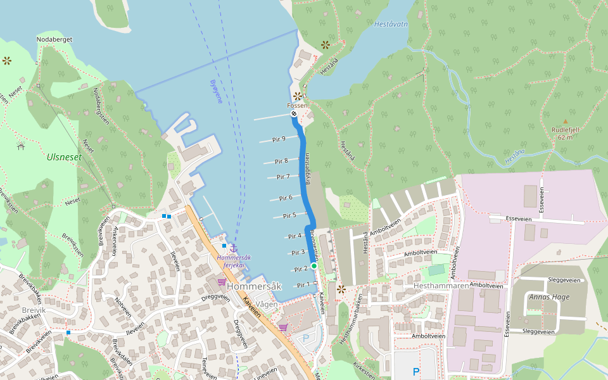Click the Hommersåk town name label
click(x=253, y=286)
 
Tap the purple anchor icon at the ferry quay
click(x=233, y=248)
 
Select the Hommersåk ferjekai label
click(x=234, y=261)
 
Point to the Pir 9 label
click(x=279, y=139)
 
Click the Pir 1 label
click(x=304, y=285)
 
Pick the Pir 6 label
click(x=286, y=198)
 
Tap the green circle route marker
click(x=313, y=266)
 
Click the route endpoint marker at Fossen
click(x=294, y=115)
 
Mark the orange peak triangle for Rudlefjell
click(x=566, y=121)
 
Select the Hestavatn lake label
click(x=391, y=24)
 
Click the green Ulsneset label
click(x=64, y=156)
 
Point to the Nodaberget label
click(x=55, y=39)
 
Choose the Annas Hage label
click(x=550, y=297)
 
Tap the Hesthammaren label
click(x=441, y=286)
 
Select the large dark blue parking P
click(x=416, y=372)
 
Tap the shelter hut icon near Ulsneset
click(x=21, y=146)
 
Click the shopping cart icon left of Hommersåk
click(x=222, y=282)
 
